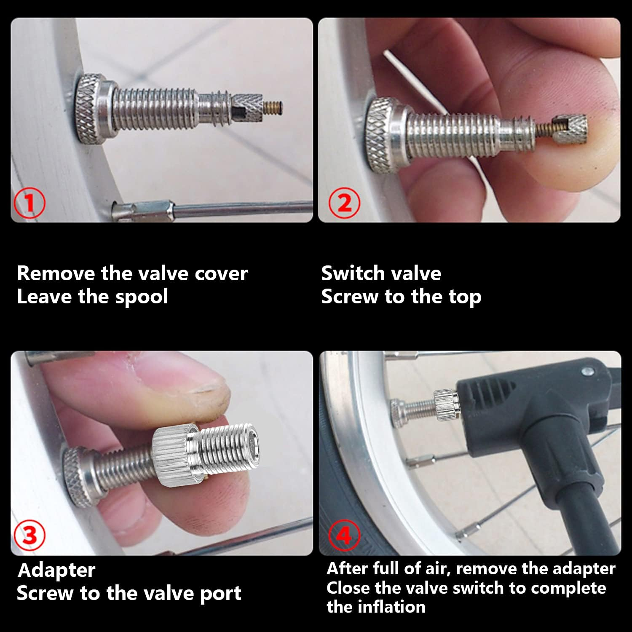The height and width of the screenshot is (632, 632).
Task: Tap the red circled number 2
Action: coord(344,203)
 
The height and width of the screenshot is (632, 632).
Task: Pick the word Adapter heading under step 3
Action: coord(56,570)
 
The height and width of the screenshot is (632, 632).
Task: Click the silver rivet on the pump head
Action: coord(586,372)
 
